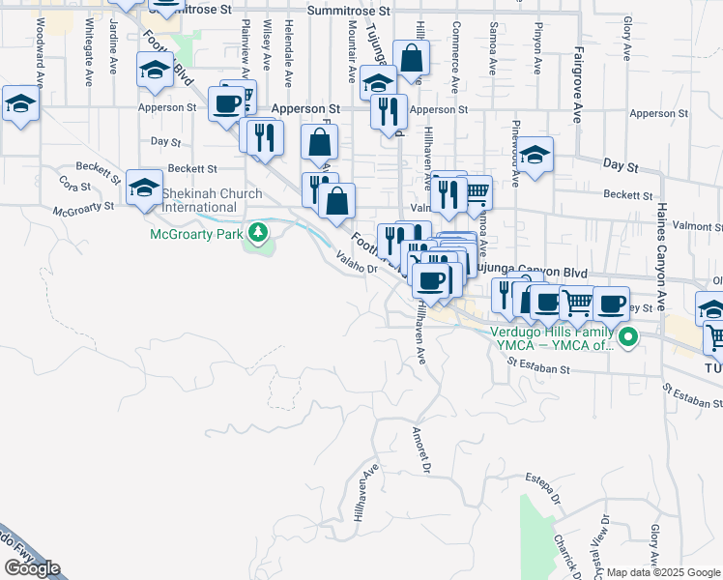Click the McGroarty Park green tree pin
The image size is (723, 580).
tap(258, 232)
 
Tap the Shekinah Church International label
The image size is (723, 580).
tap(212, 200)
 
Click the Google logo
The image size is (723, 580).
tap(32, 568)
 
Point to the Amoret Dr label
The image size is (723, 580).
tap(419, 449)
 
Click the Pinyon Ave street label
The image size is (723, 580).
tap(536, 41)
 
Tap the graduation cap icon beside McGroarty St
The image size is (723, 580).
tap(144, 188)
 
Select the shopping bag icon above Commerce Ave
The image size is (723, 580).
tap(412, 60)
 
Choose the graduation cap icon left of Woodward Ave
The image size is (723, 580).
tap(18, 103)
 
